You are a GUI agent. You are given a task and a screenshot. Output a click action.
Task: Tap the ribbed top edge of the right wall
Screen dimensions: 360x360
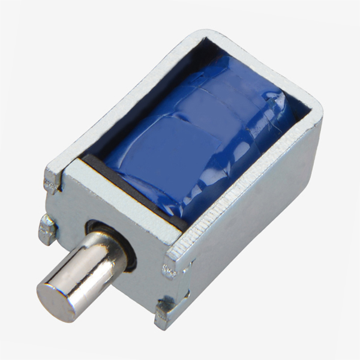pos(252,180)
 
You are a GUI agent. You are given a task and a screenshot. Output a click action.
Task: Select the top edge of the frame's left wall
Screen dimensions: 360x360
pos(120,102)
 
